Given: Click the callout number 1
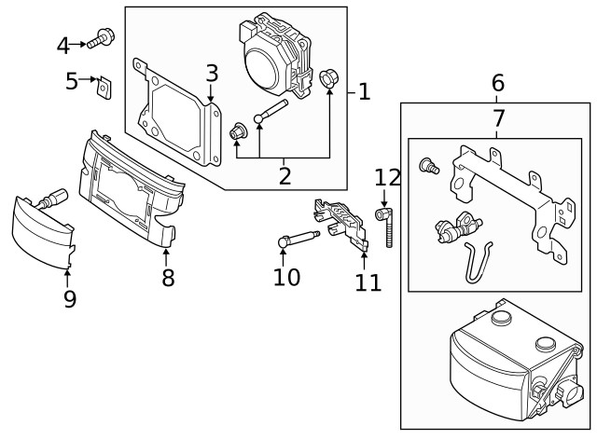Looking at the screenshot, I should pos(364,91).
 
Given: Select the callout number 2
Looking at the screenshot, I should pos(284,174).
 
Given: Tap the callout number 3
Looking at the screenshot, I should pos(212,72).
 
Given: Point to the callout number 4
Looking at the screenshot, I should pos(63,44).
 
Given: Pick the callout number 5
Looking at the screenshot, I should pos(72,81).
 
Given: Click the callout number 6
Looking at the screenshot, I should pos(497,84).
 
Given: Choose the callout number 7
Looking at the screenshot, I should pos(497,118).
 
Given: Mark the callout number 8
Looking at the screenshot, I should pos(168,277).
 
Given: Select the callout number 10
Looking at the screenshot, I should pos(287,276).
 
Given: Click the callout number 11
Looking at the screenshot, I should pos(368,281).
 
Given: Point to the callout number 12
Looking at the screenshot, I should pos(386,177).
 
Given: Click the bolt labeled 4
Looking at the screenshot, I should pos(100,39).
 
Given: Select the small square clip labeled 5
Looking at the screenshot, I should pos(104,88).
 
